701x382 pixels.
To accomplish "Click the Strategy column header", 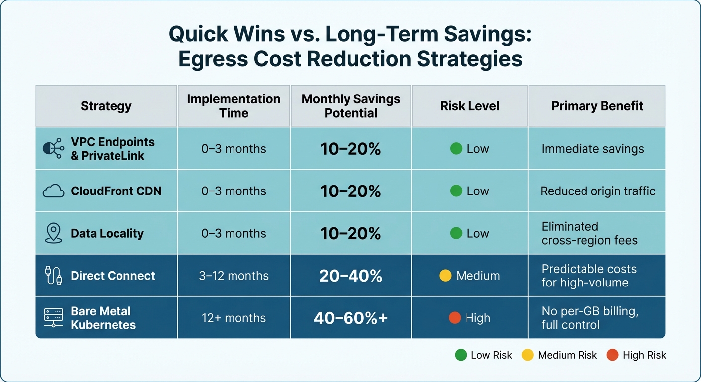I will pyautogui.click(x=106, y=106).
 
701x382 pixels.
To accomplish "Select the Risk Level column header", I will pyautogui.click(x=469, y=106).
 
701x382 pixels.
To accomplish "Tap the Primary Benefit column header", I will pyautogui.click(x=597, y=106).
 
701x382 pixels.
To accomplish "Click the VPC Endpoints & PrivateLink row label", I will pyautogui.click(x=113, y=149).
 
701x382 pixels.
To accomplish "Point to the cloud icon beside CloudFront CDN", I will pyautogui.click(x=53, y=191).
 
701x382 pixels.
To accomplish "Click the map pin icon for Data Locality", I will pyautogui.click(x=53, y=233).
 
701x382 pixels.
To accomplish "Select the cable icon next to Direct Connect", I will pyautogui.click(x=53, y=276).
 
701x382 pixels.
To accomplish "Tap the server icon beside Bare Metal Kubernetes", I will pyautogui.click(x=53, y=318).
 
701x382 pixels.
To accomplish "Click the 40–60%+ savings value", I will pyautogui.click(x=350, y=318).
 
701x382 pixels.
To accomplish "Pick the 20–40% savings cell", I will pyautogui.click(x=350, y=276).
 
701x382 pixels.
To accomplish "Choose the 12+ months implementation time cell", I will pyautogui.click(x=234, y=318).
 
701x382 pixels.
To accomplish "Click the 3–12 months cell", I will pyautogui.click(x=234, y=276).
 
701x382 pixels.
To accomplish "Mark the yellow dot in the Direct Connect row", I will pyautogui.click(x=445, y=276).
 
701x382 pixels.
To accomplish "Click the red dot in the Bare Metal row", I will pyautogui.click(x=455, y=318).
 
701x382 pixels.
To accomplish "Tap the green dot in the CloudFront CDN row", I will pyautogui.click(x=456, y=191).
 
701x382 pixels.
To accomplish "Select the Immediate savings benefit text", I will pyautogui.click(x=592, y=149).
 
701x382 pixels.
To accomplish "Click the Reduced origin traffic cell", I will pyautogui.click(x=597, y=191).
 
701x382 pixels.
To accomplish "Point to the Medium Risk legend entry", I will pyautogui.click(x=560, y=355).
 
